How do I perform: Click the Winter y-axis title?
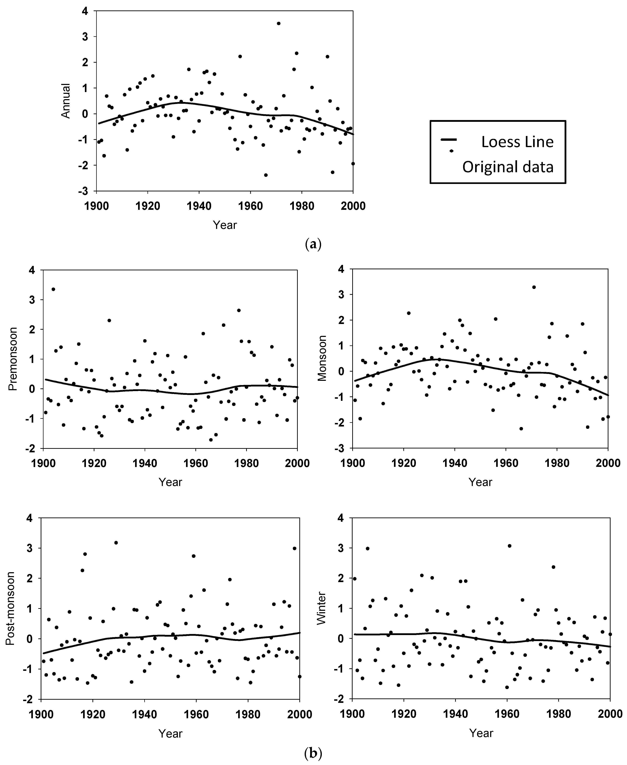tap(321, 608)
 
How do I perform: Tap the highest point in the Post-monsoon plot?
tap(116, 543)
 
